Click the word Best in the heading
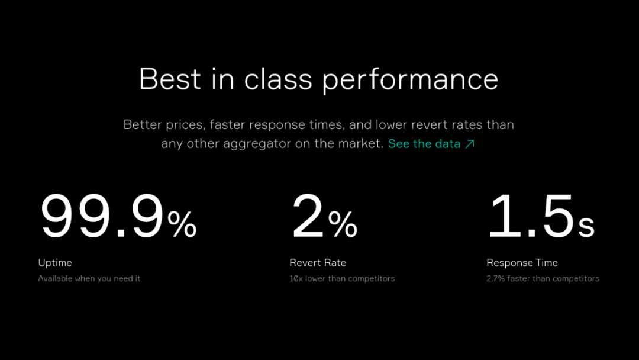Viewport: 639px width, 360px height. click(170, 79)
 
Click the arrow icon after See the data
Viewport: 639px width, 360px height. click(470, 144)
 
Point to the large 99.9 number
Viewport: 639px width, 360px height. click(102, 216)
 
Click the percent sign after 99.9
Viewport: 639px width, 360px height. click(182, 224)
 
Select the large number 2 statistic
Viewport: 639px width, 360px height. click(308, 216)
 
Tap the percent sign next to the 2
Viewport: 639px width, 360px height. click(343, 224)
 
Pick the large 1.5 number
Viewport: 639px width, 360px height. click(531, 216)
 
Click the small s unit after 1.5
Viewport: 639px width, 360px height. click(586, 227)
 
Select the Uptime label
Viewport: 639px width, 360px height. click(55, 263)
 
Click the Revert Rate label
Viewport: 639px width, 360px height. click(318, 262)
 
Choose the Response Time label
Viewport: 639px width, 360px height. click(522, 263)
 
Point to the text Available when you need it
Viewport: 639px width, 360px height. click(89, 278)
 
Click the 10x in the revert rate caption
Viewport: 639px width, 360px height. click(296, 278)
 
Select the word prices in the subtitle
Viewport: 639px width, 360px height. click(185, 125)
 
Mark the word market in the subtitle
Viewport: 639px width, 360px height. click(362, 143)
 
